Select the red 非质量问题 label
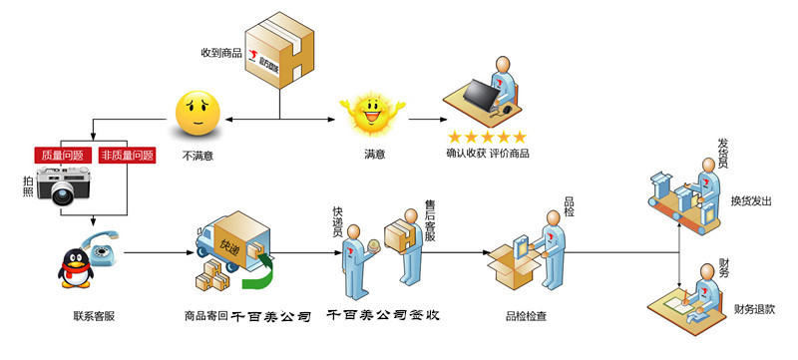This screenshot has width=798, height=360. [x=128, y=156]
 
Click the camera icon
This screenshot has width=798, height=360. [x=62, y=187]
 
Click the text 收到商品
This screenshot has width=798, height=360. [x=221, y=51]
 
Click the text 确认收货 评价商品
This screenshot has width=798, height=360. [x=487, y=154]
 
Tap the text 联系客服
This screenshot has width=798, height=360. [x=93, y=316]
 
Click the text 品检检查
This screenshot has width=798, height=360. [x=526, y=316]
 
